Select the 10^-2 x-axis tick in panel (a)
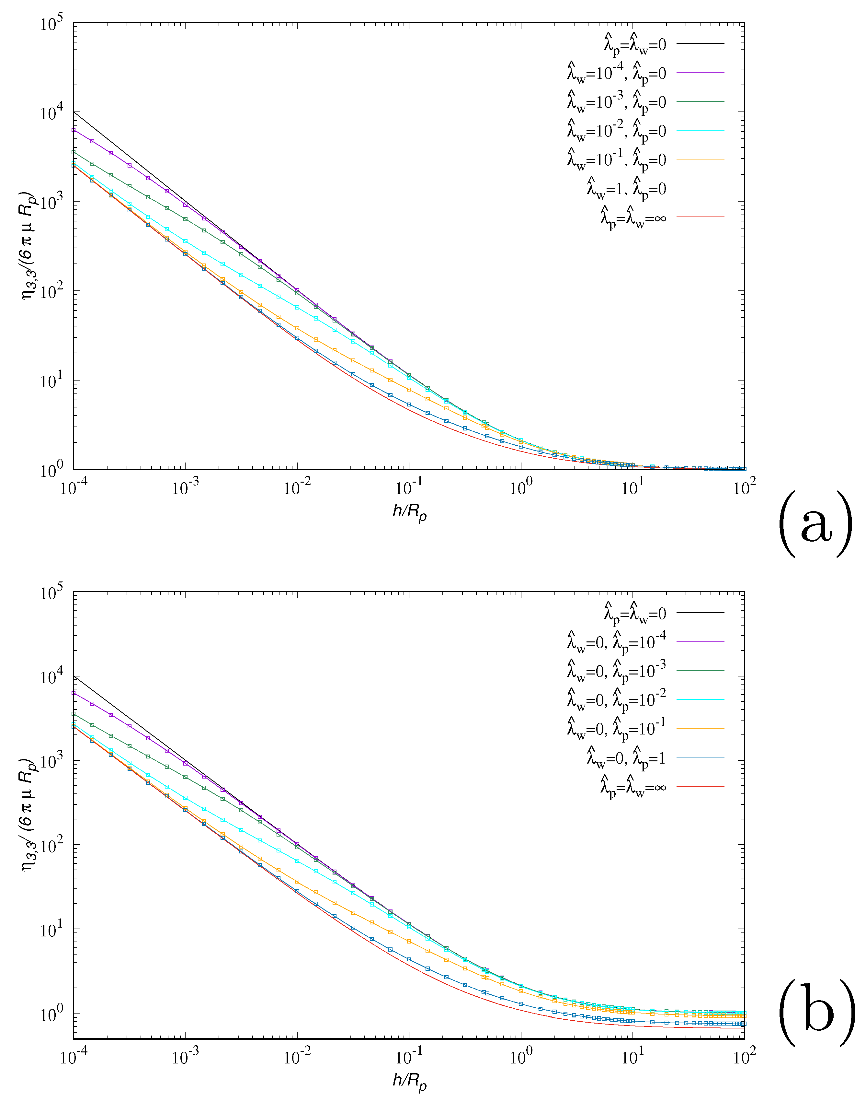point(297,488)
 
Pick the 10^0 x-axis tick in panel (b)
point(521,1057)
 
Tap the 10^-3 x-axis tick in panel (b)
point(186,1057)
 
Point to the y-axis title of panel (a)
point(28,246)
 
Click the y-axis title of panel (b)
point(28,815)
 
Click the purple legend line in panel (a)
point(701,73)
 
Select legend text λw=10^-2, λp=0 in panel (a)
point(616,130)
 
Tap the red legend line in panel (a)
point(701,217)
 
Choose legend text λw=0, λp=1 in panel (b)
point(626,758)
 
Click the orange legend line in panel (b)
point(701,729)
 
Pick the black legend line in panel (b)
point(701,613)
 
